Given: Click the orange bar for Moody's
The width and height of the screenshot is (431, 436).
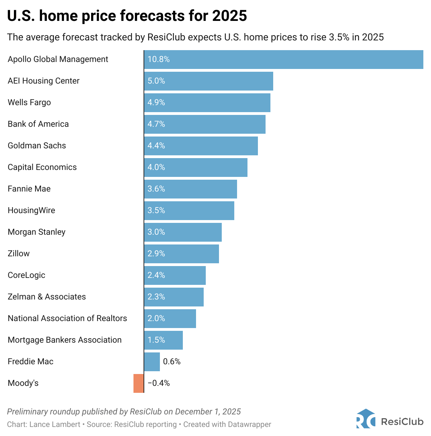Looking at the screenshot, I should (138, 383).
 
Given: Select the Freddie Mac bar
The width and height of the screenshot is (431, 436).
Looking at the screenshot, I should (152, 361).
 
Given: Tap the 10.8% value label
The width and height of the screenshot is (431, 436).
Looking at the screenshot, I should (158, 59).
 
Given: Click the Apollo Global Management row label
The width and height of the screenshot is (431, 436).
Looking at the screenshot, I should (58, 59).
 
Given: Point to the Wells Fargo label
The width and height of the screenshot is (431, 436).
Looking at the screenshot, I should (29, 102).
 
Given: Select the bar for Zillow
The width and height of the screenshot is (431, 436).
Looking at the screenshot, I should (181, 254).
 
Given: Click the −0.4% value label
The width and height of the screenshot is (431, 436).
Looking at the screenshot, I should (159, 383).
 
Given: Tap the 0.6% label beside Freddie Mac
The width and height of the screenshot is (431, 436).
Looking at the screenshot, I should (172, 361).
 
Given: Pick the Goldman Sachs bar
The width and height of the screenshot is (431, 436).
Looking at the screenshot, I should (201, 146).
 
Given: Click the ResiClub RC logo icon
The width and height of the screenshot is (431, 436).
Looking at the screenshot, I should (366, 419).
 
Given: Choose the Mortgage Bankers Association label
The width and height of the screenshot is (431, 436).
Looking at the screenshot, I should (65, 340).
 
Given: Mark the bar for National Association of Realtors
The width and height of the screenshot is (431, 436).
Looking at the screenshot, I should (170, 318).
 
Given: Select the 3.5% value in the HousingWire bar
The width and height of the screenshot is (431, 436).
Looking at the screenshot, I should (156, 210).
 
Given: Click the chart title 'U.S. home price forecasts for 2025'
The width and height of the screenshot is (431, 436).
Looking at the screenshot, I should (127, 16).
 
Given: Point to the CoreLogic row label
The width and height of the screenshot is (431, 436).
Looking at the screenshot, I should (26, 275).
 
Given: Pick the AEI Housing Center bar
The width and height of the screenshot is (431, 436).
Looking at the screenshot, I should (209, 81).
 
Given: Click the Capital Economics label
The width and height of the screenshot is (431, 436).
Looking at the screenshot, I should (42, 167).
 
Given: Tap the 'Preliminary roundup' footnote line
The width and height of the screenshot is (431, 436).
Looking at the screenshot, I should (124, 412).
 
